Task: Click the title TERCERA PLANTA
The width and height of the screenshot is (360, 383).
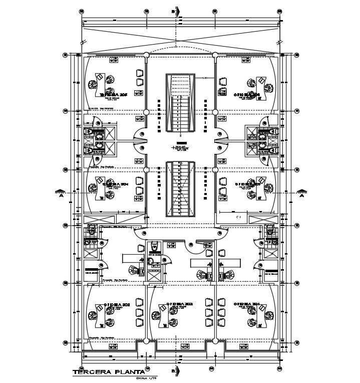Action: (108, 372)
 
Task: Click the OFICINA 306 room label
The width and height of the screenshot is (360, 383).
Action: (246, 94)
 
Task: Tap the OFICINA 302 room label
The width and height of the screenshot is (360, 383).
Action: (179, 304)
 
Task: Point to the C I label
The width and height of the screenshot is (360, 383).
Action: (238, 217)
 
